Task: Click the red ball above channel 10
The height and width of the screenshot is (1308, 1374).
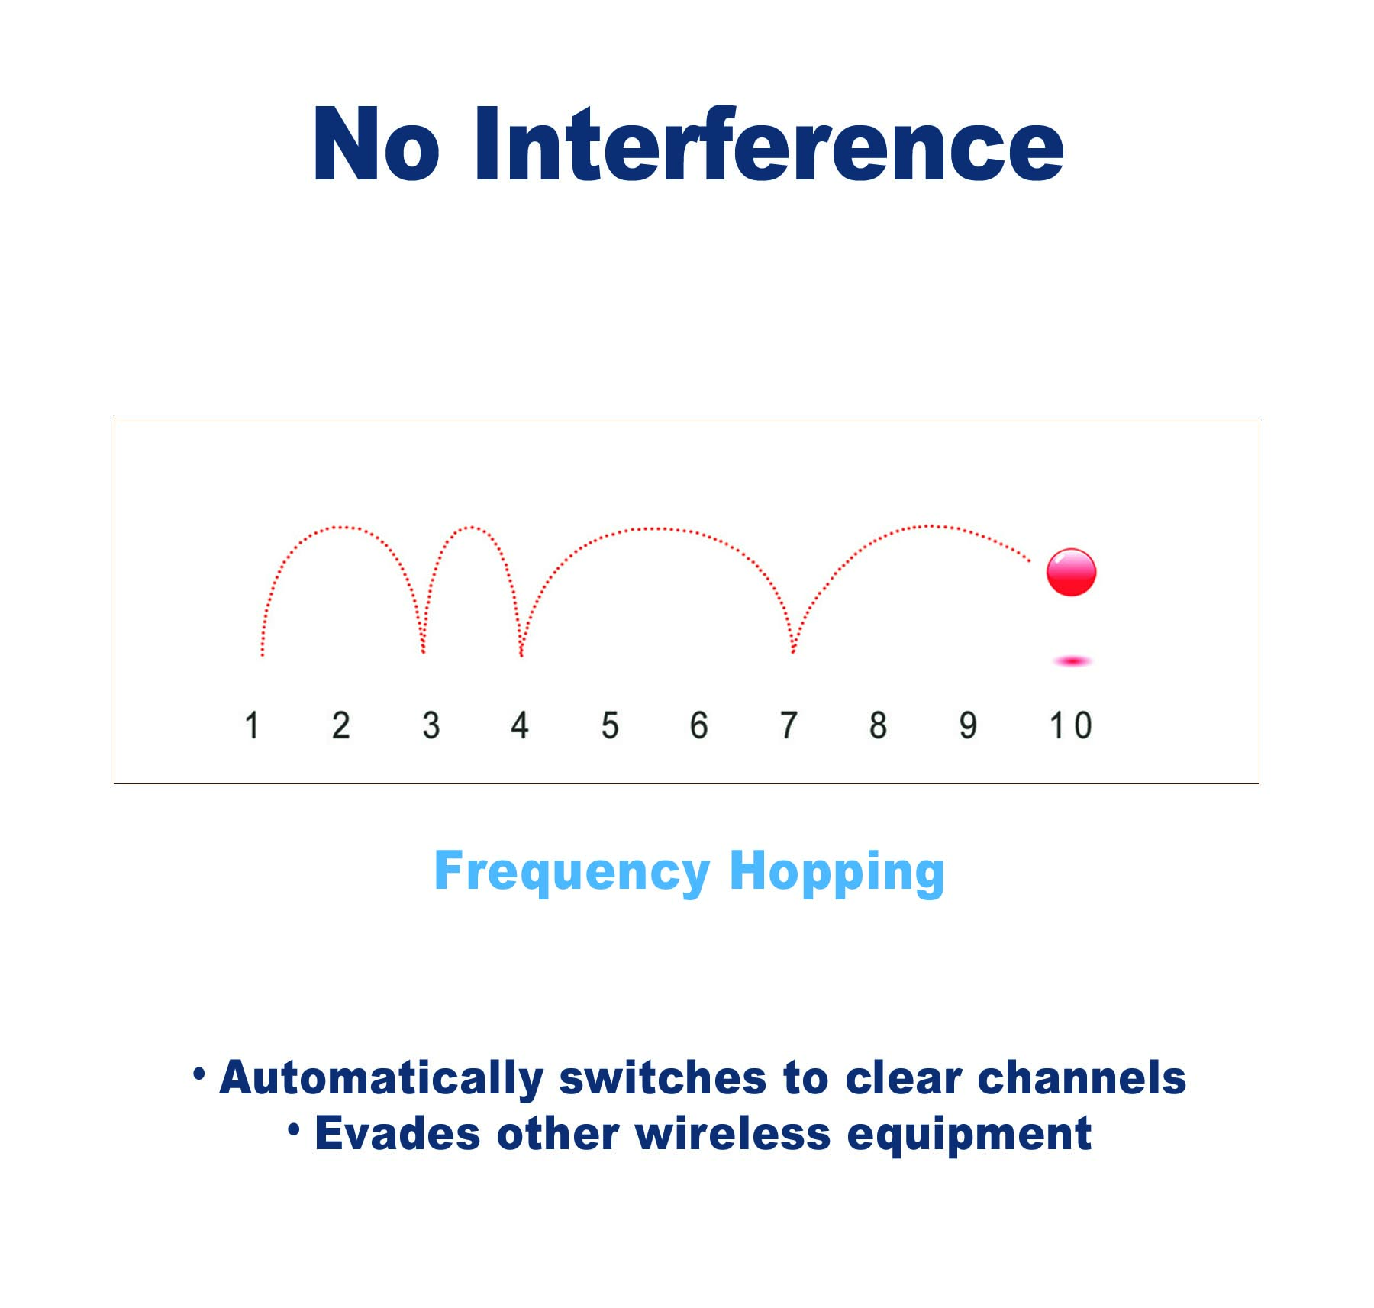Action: click(1071, 572)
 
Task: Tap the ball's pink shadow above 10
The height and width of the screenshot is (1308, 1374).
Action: click(1072, 661)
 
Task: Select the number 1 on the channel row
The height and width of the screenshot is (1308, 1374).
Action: click(252, 725)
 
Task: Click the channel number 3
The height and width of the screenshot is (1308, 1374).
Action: click(431, 725)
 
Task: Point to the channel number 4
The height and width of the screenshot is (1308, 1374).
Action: click(520, 725)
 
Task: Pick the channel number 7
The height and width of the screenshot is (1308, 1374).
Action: click(789, 725)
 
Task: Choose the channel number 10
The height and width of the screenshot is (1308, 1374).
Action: click(1071, 725)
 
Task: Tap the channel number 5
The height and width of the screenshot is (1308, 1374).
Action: click(610, 725)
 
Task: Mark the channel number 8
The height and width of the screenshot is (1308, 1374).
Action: click(878, 725)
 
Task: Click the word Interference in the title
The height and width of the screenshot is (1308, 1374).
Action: click(769, 144)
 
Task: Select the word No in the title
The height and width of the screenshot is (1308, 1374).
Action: click(376, 144)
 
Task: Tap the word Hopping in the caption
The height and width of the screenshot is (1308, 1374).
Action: click(837, 872)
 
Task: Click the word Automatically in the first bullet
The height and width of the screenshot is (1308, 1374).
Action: click(381, 1078)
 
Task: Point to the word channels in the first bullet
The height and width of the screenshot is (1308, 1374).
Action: click(1082, 1077)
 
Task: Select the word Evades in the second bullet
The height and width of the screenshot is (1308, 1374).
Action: click(398, 1133)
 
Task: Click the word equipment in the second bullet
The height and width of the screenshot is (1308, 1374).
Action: click(969, 1135)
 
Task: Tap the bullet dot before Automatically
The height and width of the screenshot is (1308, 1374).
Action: click(199, 1074)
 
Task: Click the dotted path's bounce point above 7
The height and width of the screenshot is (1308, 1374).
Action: click(793, 651)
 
